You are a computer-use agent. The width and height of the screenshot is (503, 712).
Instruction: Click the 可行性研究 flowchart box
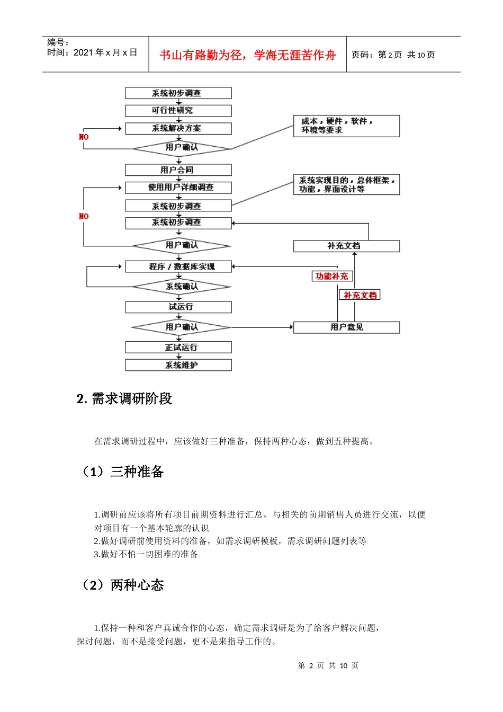(178, 111)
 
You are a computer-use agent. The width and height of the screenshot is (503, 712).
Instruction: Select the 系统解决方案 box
(178, 129)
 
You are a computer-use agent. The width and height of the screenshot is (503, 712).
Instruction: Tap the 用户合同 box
(178, 170)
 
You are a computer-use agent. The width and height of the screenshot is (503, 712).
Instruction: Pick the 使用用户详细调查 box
(178, 188)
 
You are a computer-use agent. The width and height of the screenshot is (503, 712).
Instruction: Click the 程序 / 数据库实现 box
(178, 266)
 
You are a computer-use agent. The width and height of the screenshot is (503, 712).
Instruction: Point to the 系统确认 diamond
(181, 287)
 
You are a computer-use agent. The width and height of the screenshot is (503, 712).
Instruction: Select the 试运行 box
(178, 307)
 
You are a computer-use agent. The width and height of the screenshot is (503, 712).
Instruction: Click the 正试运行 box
(178, 348)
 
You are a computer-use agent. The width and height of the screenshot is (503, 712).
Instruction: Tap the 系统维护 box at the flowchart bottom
(178, 365)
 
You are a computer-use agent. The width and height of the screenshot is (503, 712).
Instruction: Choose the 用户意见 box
(346, 327)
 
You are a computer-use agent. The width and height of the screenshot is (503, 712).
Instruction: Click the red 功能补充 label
(331, 277)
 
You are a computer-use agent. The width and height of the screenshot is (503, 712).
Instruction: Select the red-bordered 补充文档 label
(360, 295)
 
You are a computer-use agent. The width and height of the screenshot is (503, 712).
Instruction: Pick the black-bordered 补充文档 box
(346, 246)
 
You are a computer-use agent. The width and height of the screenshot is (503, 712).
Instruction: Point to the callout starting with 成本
(346, 126)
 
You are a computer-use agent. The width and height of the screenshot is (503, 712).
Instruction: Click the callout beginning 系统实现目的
(346, 185)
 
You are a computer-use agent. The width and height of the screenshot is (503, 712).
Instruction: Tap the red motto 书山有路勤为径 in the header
(247, 55)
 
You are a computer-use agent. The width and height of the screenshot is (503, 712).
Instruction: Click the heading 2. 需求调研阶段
(124, 399)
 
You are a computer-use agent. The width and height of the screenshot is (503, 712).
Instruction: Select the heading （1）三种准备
(122, 471)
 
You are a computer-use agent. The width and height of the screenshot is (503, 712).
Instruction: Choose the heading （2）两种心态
(122, 585)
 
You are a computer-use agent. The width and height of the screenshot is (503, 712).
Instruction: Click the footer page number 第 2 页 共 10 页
(328, 666)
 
